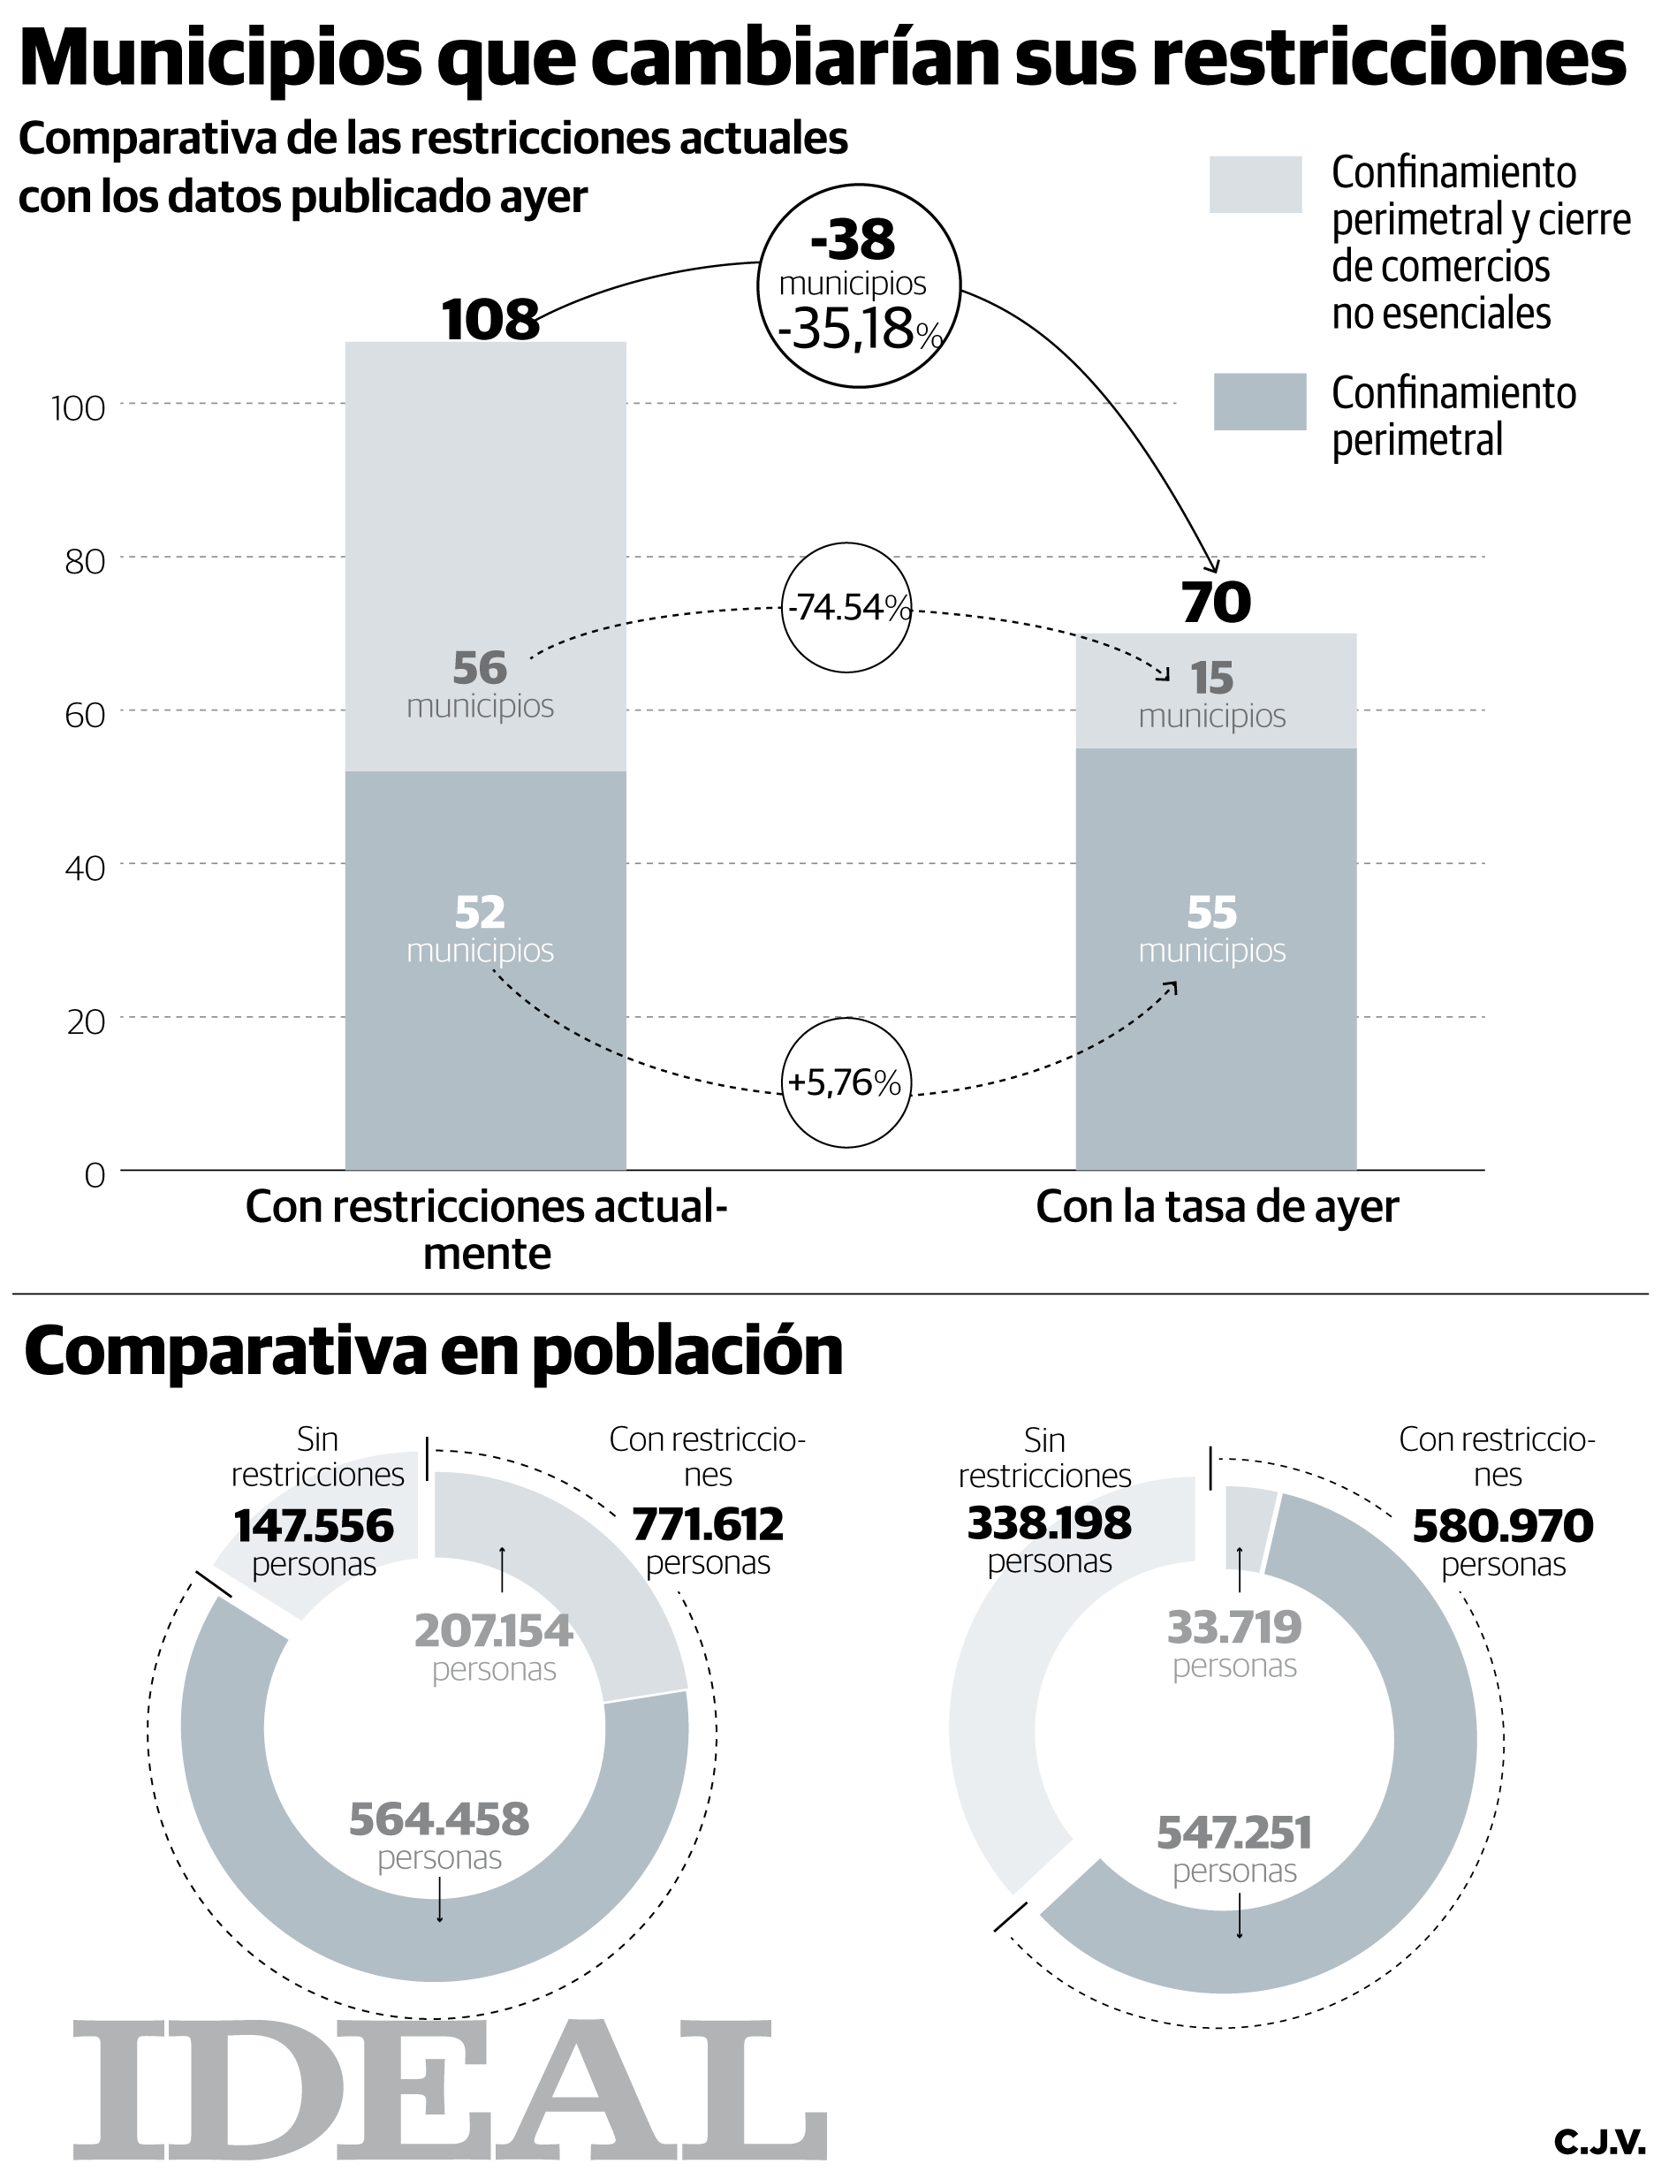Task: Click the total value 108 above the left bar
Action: (490, 319)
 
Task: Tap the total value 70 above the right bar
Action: (1216, 602)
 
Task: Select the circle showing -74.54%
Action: (846, 608)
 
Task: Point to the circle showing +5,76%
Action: (846, 1083)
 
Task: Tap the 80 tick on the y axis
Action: (85, 561)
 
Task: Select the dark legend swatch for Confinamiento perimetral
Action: (1259, 401)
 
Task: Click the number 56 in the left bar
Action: (480, 669)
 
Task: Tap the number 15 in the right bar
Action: (1210, 678)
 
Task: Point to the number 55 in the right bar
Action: (1210, 913)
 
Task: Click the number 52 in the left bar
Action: (480, 913)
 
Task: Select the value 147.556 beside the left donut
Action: (314, 1527)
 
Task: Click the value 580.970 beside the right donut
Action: (1502, 1528)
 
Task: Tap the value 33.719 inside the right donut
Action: (1233, 1628)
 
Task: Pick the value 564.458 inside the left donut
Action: (439, 1819)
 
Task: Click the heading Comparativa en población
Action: (434, 1352)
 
